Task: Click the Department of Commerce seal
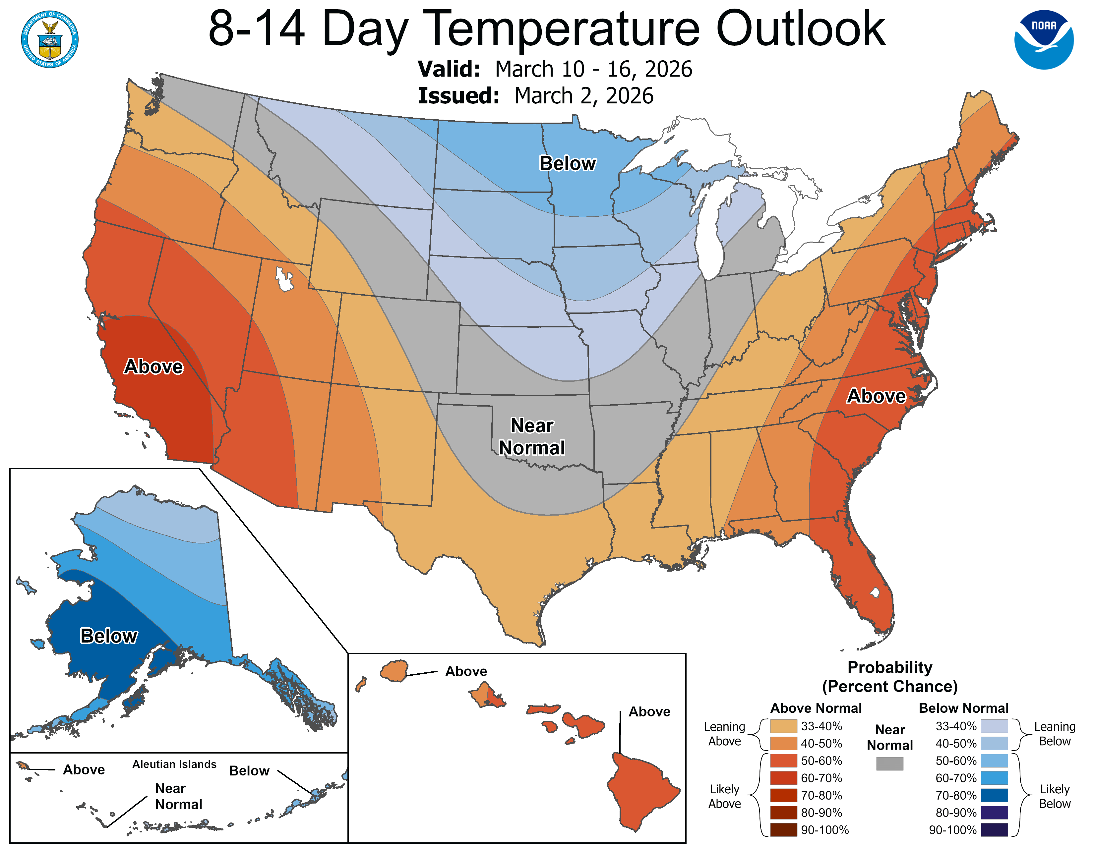pyautogui.click(x=50, y=39)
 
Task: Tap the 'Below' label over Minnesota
pyautogui.click(x=568, y=163)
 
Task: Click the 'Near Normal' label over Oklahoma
pyautogui.click(x=532, y=436)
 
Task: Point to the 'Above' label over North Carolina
pyautogui.click(x=876, y=396)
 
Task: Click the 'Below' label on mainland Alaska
pyautogui.click(x=109, y=636)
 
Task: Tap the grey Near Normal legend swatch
pyautogui.click(x=890, y=763)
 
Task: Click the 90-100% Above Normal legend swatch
pyautogui.click(x=783, y=830)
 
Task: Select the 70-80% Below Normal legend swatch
pyautogui.click(x=994, y=795)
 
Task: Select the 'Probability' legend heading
pyautogui.click(x=890, y=667)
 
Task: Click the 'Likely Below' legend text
pyautogui.click(x=1055, y=796)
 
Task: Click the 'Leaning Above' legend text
pyautogui.click(x=724, y=734)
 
